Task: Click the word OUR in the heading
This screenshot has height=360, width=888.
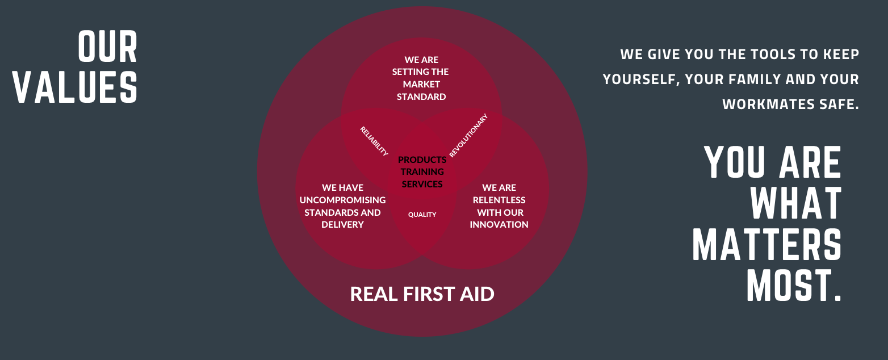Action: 108,48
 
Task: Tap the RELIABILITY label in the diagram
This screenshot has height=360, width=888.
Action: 374,141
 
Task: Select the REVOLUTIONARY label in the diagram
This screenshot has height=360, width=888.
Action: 468,135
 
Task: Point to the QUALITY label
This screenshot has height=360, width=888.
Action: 422,215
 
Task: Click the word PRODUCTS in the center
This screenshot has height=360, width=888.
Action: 422,160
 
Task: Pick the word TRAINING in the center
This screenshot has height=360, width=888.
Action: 422,172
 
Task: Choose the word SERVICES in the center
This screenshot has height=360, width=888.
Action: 422,184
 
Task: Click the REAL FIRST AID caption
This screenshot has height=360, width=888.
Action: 422,294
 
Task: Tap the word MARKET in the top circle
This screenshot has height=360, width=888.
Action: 421,84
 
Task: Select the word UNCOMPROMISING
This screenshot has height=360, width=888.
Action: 342,200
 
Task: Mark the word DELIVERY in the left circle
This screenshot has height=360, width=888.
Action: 342,225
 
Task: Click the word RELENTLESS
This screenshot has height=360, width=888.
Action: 499,200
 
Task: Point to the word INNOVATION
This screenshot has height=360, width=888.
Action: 499,225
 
